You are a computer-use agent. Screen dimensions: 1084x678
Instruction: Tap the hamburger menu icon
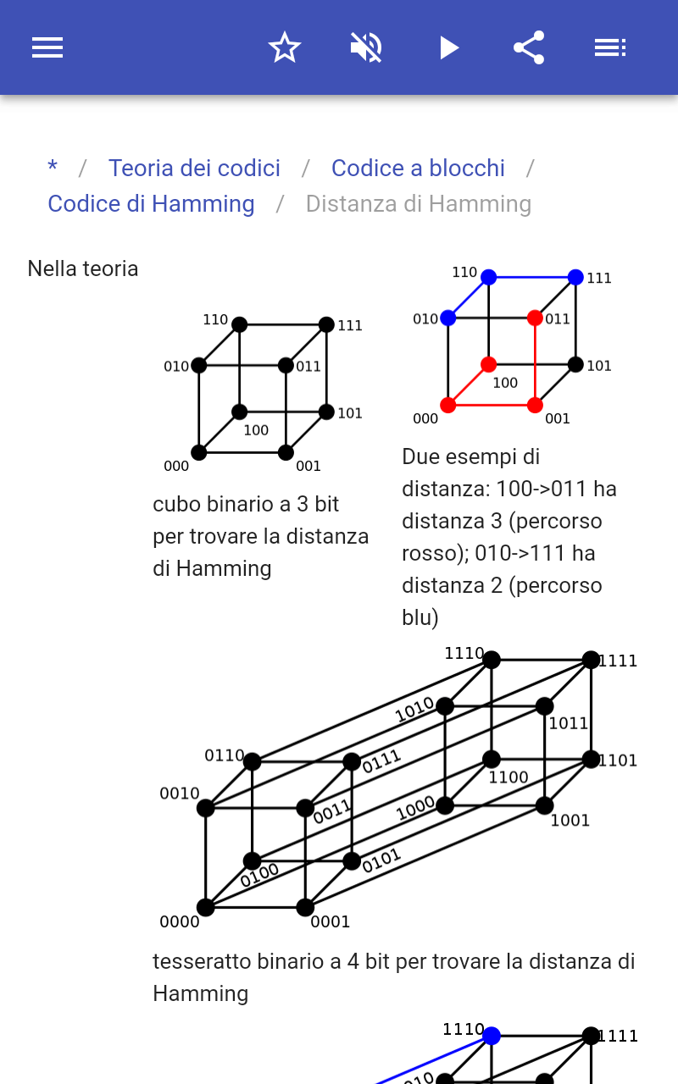coord(47,47)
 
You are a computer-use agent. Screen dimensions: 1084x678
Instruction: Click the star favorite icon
coord(285,47)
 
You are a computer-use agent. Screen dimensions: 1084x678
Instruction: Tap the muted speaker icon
coord(366,47)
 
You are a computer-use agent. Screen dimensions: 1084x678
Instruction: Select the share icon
coord(529,47)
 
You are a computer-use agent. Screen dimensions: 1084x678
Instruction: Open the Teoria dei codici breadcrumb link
coord(194,168)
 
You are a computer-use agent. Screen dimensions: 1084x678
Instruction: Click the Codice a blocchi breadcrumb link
coord(418,168)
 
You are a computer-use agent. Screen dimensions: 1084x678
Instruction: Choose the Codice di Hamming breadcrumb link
coord(151,204)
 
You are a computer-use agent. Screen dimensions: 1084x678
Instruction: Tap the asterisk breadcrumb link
coord(53,168)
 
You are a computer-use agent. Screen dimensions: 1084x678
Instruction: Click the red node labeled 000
coord(448,405)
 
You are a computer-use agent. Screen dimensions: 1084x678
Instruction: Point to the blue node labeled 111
coord(575,277)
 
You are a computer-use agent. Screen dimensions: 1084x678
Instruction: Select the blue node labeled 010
coord(448,318)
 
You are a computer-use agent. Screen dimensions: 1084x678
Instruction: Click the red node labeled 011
coord(535,318)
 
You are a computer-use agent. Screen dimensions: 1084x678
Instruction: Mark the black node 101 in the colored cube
coord(575,365)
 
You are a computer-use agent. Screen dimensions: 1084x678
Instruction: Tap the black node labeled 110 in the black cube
coord(240,324)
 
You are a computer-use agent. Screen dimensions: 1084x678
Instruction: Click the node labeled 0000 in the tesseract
coord(206,907)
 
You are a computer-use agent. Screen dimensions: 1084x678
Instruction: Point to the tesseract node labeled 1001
coord(544,805)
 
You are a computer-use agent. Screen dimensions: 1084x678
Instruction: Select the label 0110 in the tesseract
coord(224,755)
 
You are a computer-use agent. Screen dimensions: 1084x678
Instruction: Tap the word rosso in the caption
coord(429,553)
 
